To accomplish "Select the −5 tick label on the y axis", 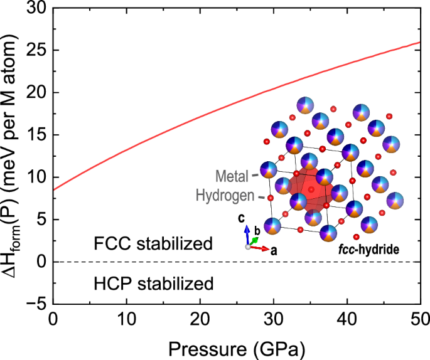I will click(x=36, y=304).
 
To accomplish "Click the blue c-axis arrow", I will click(x=248, y=234).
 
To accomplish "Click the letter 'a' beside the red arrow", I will click(x=274, y=251).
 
